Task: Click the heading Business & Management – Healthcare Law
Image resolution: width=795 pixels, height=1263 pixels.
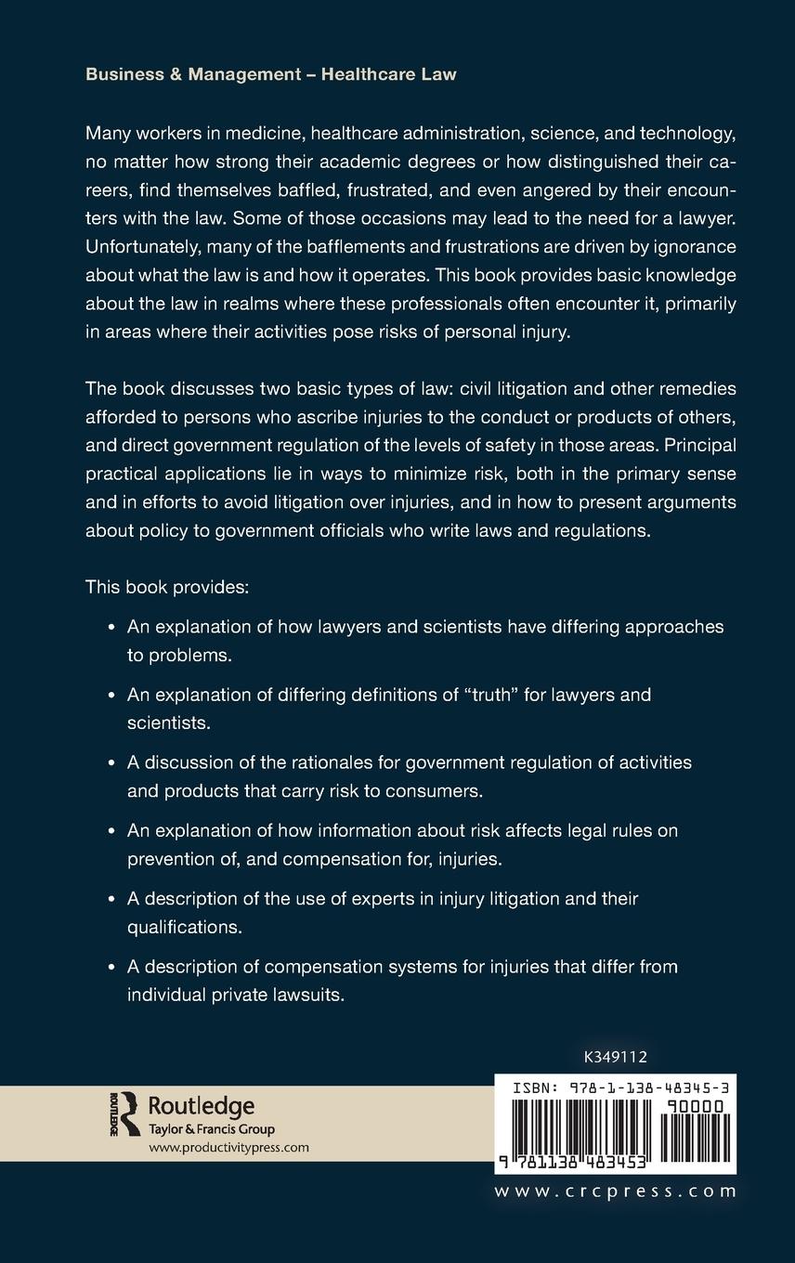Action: point(270,74)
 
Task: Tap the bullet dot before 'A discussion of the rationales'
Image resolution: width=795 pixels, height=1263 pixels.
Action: point(111,762)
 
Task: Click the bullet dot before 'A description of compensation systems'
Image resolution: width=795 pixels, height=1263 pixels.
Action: point(111,967)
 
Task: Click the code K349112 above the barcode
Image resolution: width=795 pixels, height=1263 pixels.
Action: point(616,1056)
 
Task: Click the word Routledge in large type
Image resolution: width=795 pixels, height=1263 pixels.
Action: point(202,1106)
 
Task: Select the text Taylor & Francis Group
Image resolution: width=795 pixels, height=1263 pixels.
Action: point(212,1129)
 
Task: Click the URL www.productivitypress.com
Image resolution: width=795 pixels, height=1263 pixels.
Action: point(228,1148)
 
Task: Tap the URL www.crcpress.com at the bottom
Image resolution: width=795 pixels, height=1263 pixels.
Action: point(616,1191)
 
